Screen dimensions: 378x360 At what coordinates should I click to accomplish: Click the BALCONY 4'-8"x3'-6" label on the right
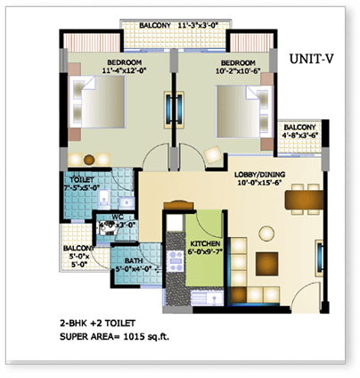click(299, 133)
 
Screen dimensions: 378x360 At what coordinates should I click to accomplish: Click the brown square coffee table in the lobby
click(266, 264)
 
